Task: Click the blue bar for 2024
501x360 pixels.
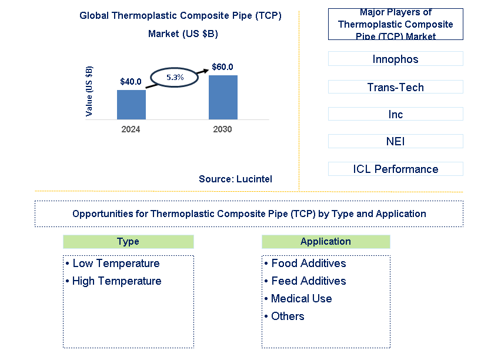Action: coord(131,105)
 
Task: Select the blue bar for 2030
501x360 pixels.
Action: coord(223,97)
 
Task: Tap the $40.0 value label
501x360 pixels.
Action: coord(131,82)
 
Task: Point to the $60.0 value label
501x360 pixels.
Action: coord(222,67)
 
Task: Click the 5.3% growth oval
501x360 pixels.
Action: coord(175,77)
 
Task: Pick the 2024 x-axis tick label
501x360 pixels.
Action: coord(131,129)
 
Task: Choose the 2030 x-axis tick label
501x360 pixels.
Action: coord(222,129)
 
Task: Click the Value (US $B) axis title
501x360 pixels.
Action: coord(89,91)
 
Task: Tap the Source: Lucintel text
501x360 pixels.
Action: coord(235,179)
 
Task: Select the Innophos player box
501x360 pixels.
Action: coord(395,59)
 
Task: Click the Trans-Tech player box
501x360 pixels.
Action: coord(395,87)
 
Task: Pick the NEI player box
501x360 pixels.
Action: coord(395,141)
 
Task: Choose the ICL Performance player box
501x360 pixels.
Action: coord(395,169)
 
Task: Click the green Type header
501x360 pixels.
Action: coord(128,241)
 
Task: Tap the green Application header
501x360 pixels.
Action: coord(325,241)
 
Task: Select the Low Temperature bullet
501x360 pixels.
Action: coord(113,263)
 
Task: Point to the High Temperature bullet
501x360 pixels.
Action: coord(113,281)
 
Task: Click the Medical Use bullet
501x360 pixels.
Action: coord(298,298)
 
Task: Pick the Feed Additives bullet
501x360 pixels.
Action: coord(305,281)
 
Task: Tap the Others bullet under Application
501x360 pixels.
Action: coord(285,316)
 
